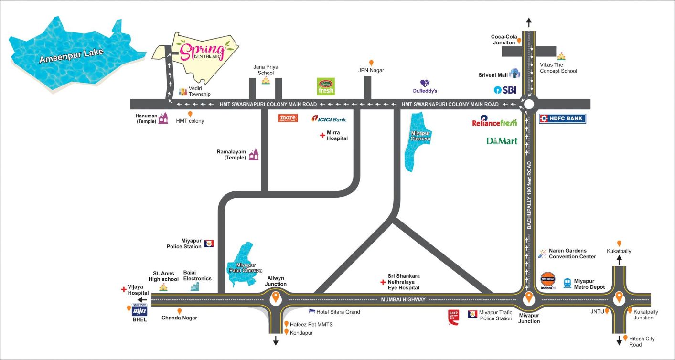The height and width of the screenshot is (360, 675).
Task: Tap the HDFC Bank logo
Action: click(x=562, y=118)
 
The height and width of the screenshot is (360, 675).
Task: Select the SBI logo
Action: click(x=505, y=90)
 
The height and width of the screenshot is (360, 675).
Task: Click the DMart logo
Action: click(x=502, y=141)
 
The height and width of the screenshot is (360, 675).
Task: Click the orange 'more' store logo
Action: click(x=288, y=118)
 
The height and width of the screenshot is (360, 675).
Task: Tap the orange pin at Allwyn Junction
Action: click(x=276, y=298)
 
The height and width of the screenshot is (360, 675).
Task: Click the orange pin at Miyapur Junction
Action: click(x=529, y=298)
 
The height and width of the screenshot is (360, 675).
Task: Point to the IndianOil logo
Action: click(x=548, y=280)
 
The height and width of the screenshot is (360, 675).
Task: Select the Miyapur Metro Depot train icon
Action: click(x=568, y=283)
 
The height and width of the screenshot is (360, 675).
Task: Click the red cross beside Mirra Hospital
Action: click(x=322, y=136)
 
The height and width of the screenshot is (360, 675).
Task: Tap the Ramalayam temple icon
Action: click(x=254, y=154)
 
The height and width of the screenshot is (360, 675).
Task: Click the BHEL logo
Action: click(x=139, y=310)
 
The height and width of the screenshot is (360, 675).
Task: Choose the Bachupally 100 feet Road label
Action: click(x=529, y=195)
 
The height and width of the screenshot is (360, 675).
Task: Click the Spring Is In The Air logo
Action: click(x=200, y=50)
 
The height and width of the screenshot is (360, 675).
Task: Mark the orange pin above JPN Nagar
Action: click(x=371, y=63)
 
